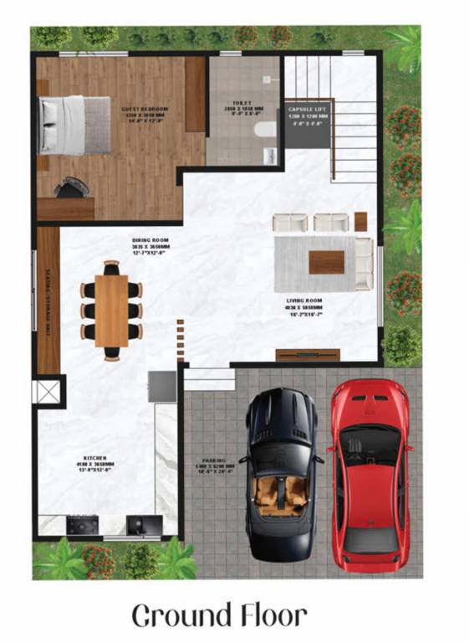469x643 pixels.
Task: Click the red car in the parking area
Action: tap(370, 472)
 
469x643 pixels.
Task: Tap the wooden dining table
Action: tap(111, 310)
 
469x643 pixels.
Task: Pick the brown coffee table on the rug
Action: tap(326, 262)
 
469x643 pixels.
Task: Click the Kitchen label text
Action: tap(85, 460)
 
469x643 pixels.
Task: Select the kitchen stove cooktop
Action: tap(82, 525)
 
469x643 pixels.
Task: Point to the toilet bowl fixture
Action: tap(264, 131)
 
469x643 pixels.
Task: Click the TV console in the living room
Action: tap(307, 355)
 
